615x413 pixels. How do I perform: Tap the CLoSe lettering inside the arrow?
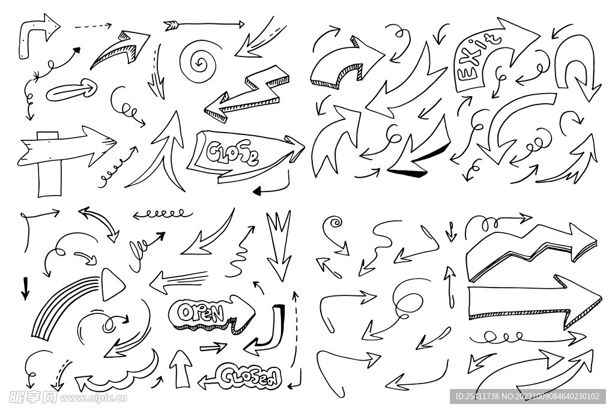point(232,153)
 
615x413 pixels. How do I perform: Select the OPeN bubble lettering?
point(201,313)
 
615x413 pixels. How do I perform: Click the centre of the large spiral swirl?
point(200,62)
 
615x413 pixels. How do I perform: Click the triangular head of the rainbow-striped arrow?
point(112,285)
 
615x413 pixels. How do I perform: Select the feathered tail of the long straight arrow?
point(171,26)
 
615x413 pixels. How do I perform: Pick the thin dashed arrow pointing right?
point(93,26)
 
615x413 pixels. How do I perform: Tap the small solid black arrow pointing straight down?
point(25,288)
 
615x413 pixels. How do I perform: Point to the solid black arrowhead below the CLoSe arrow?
point(257,191)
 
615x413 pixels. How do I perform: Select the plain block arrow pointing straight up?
point(180,369)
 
